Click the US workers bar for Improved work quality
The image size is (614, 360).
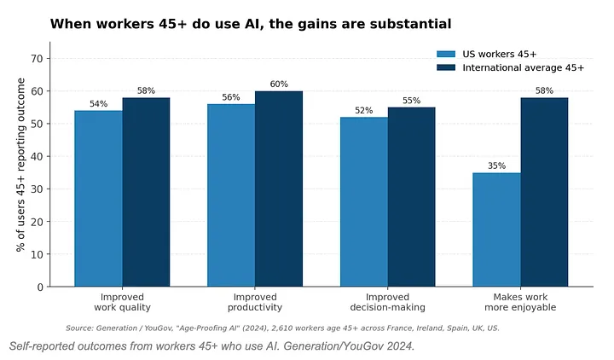pos(98,199)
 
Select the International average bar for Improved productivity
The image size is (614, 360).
pos(279,189)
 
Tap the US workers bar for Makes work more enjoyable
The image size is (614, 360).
pos(496,229)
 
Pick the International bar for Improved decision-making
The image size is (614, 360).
pos(412,197)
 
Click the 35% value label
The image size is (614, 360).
pos(496,165)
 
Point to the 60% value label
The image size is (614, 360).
pos(279,84)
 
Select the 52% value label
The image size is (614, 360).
pos(364,110)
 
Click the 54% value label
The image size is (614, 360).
pos(98,104)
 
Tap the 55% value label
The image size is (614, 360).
pos(412,101)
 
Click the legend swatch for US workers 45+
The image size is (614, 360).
pos(446,54)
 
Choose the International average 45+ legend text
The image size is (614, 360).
pos(523,67)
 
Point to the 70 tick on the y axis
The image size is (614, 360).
pos(37,59)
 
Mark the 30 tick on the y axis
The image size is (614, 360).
pos(37,189)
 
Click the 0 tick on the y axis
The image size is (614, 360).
pos(40,287)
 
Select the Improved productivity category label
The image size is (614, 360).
pos(255,302)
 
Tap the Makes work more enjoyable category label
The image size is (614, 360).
pos(520,302)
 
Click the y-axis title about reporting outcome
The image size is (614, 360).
pos(20,165)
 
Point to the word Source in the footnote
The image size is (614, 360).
pos(78,328)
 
